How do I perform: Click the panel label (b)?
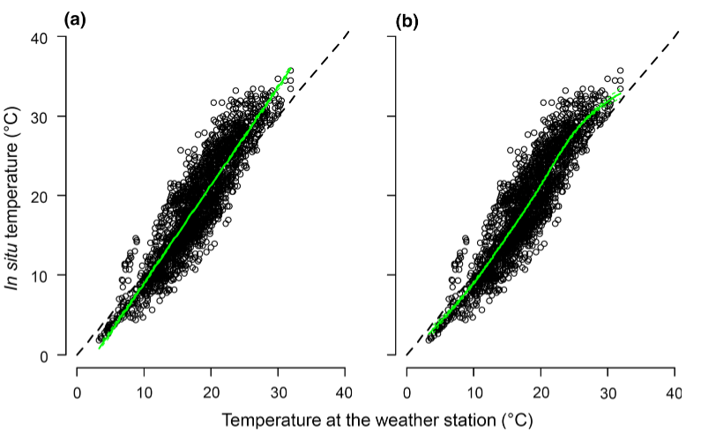pos(406,17)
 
